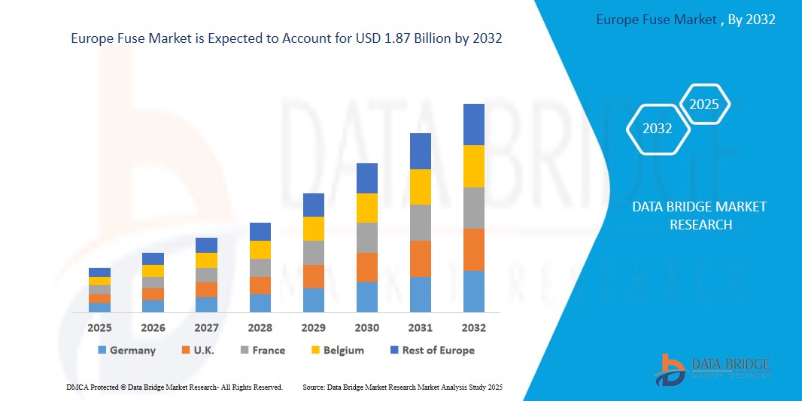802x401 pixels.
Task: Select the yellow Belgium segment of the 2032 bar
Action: [x=473, y=166]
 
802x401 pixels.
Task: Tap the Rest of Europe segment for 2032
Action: [x=473, y=124]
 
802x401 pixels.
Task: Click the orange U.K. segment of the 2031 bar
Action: [x=420, y=259]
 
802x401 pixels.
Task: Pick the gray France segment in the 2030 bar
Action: [x=366, y=238]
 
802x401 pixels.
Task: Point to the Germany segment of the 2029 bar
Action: [x=313, y=300]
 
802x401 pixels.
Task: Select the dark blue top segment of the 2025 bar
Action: [x=99, y=272]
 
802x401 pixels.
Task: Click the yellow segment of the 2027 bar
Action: [x=206, y=260]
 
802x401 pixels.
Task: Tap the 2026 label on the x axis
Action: [x=153, y=328]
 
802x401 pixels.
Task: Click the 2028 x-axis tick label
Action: [x=260, y=328]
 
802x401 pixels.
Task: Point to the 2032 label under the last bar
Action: [x=473, y=328]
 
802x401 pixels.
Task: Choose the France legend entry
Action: [x=263, y=351]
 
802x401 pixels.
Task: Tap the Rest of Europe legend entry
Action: [x=432, y=351]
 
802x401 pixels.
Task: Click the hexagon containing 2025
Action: [x=704, y=105]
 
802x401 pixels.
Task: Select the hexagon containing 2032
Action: [x=658, y=129]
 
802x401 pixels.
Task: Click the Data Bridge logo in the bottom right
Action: [x=712, y=369]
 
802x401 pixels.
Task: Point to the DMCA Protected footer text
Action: [x=174, y=387]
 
